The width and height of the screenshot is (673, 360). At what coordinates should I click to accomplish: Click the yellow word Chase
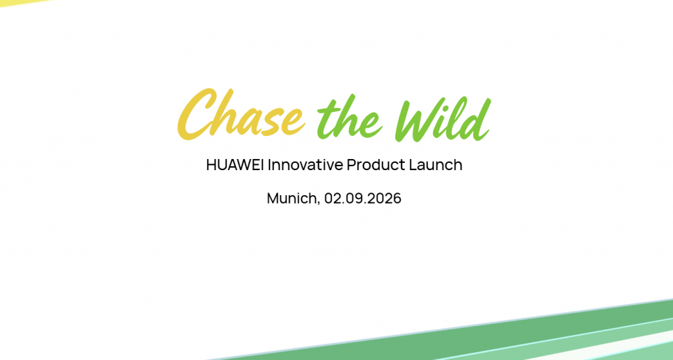pyautogui.click(x=241, y=114)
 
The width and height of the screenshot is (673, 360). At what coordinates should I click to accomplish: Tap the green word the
pyautogui.click(x=349, y=119)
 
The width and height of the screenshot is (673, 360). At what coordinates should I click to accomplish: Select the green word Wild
pyautogui.click(x=443, y=119)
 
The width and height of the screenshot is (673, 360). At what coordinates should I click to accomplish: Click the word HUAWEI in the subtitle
pyautogui.click(x=235, y=165)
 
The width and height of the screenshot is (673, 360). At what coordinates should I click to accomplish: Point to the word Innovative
pyautogui.click(x=306, y=165)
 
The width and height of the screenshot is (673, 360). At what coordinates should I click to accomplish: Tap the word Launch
pyautogui.click(x=436, y=165)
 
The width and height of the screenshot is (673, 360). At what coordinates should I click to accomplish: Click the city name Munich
pyautogui.click(x=292, y=198)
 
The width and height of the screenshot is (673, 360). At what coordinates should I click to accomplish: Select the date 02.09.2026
pyautogui.click(x=363, y=198)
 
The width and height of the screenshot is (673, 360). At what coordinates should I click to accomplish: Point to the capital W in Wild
pyautogui.click(x=419, y=119)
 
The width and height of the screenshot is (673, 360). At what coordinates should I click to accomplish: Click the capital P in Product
pyautogui.click(x=352, y=165)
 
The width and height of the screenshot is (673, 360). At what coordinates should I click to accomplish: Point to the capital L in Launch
pyautogui.click(x=413, y=165)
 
